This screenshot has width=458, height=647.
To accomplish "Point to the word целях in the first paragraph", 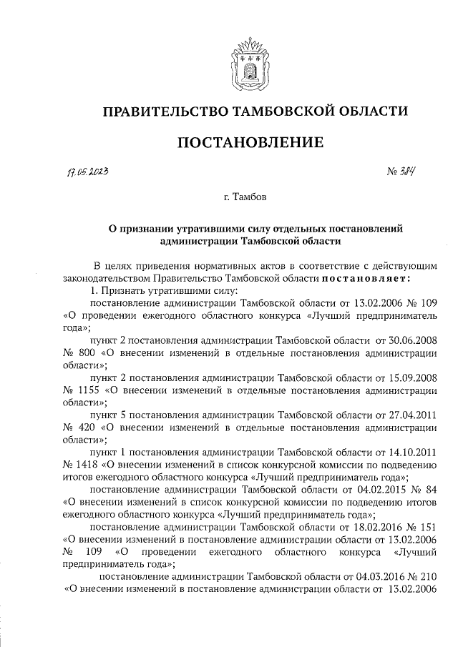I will (x=125, y=265).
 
